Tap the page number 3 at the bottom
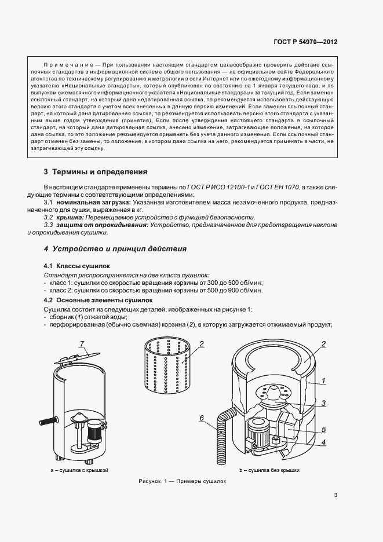(x=335, y=495)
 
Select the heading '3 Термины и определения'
(x=96, y=172)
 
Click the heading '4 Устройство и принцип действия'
(x=115, y=249)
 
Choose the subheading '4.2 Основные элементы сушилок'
(x=90, y=301)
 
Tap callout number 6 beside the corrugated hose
(x=201, y=418)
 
